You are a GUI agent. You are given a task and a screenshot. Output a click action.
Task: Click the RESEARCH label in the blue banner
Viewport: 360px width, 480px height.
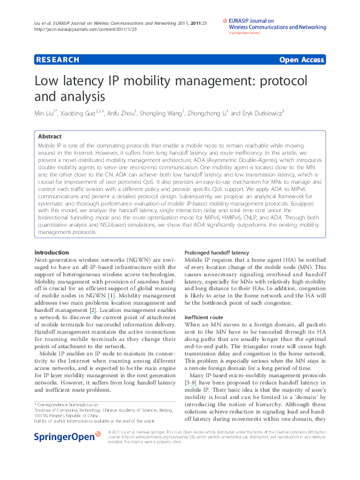pos(58,60)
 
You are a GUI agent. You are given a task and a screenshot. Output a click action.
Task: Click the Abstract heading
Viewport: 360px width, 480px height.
pos(50,137)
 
